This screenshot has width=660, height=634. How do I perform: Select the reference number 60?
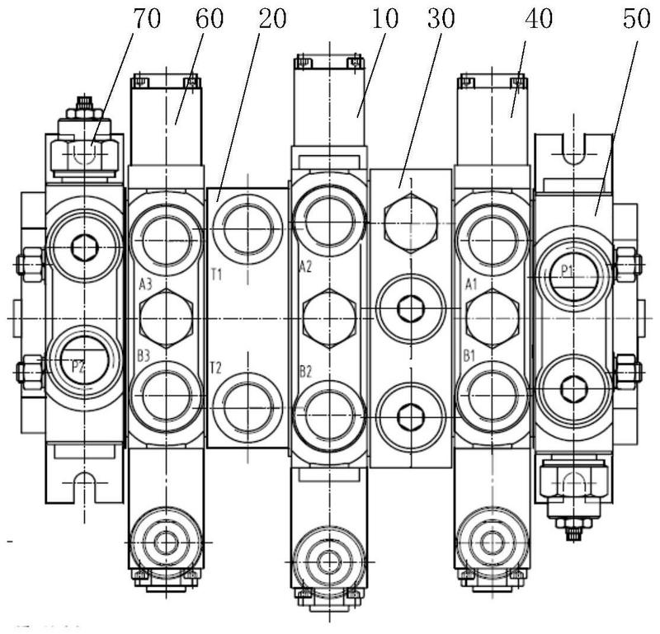pos(210,20)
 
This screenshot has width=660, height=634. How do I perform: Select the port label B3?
pos(144,355)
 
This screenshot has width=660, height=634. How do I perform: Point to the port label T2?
pos(216,367)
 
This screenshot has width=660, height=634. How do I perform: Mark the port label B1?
pos(470,355)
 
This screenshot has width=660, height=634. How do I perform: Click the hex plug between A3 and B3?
pos(166,318)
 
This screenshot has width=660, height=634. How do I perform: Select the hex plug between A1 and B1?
pos(492,318)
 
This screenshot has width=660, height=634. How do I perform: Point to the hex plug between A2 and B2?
pos(329,318)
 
